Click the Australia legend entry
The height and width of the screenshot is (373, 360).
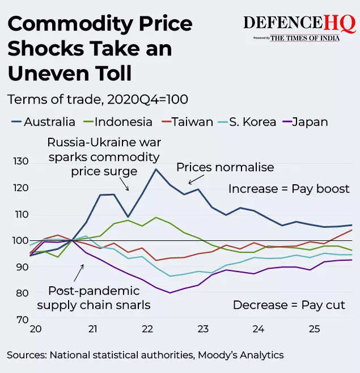[x=43, y=122]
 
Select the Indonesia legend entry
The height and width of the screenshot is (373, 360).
[x=117, y=122]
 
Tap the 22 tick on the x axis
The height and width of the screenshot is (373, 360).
[x=148, y=329]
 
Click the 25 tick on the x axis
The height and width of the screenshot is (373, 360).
[x=313, y=329]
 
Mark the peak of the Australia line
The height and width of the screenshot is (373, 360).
[x=155, y=169]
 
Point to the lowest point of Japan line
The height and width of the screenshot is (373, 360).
[x=170, y=293]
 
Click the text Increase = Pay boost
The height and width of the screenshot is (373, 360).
[x=289, y=189]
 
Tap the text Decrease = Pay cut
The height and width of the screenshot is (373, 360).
[x=289, y=305]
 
